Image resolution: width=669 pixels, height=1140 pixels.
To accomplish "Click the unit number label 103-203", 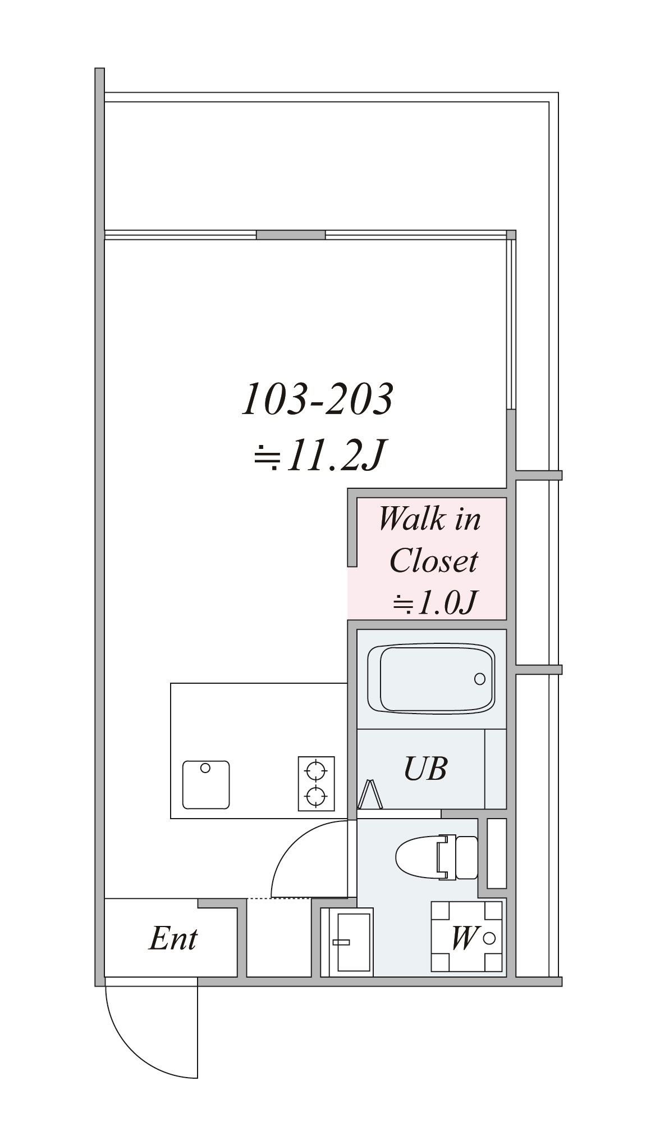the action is tap(317, 399).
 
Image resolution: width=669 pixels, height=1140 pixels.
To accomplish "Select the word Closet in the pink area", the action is tap(433, 561).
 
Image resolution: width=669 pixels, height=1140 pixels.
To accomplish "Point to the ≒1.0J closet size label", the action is tap(434, 602).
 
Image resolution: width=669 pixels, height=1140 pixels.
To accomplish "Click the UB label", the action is tap(425, 769).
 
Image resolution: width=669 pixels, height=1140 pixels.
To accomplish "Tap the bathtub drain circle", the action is tap(480, 679).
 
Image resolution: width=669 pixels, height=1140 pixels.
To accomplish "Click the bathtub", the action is tap(431, 679).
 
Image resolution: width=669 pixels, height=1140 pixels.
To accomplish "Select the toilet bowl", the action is tap(418, 857).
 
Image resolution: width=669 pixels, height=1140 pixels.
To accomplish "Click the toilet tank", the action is tap(466, 857).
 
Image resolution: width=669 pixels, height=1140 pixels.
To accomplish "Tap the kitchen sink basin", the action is tap(206, 785).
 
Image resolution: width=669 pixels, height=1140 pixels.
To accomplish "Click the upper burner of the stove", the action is tap(316, 770).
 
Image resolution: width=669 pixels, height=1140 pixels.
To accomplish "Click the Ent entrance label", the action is tap(173, 938).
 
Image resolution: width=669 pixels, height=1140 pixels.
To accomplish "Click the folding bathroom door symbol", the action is tap(370, 794).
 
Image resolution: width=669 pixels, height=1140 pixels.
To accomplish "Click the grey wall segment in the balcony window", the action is tap(291, 235).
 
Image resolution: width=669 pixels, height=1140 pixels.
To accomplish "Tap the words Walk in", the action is tap(430, 519).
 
